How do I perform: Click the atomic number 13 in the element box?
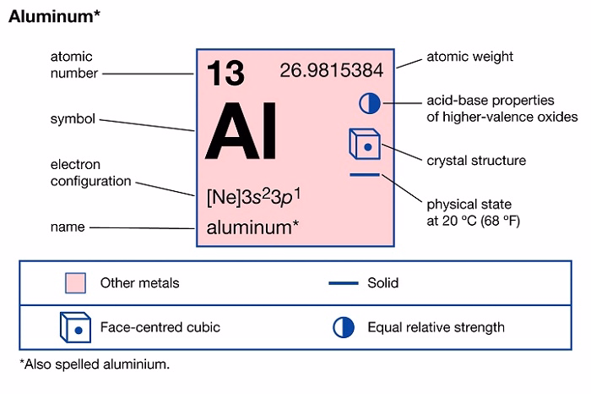click(225, 73)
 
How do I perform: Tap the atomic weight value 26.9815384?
click(331, 70)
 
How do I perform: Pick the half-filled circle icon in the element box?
click(370, 103)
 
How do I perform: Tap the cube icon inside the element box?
click(364, 145)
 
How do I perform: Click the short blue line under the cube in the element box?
click(365, 176)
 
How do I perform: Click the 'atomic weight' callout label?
click(469, 57)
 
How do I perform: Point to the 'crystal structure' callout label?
click(476, 160)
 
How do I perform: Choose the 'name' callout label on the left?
click(68, 227)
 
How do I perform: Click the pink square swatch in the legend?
click(76, 282)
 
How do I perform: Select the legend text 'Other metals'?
click(139, 282)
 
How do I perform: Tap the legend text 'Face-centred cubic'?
click(160, 326)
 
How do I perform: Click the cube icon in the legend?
click(75, 326)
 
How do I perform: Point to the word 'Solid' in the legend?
click(382, 282)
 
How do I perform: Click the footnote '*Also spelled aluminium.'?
click(95, 364)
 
